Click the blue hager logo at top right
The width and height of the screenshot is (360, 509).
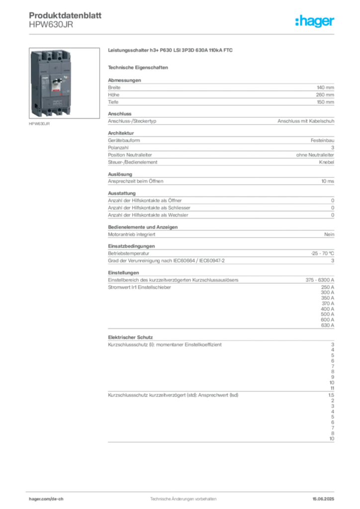[x=315, y=21]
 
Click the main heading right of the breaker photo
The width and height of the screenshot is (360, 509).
[x=171, y=50]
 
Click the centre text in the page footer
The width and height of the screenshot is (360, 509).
[x=182, y=497]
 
